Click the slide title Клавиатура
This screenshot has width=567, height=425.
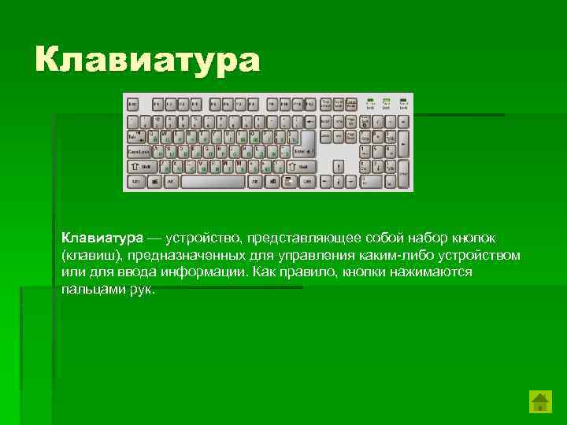(146, 61)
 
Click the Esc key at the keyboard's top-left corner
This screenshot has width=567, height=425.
(133, 104)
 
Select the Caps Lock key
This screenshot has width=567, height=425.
(139, 151)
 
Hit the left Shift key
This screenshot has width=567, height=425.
(143, 167)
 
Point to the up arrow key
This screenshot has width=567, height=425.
(337, 167)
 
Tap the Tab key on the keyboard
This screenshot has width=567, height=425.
(134, 136)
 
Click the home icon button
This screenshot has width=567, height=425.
(539, 402)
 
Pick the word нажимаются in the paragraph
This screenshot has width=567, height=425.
(430, 272)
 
